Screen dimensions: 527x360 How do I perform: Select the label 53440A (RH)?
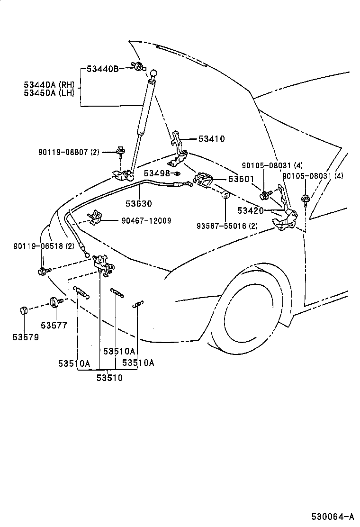[x=49, y=84]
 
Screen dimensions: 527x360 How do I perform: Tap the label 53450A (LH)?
[x=49, y=92]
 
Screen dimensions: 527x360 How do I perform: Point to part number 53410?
[x=211, y=139]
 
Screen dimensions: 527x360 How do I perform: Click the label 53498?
[x=156, y=173]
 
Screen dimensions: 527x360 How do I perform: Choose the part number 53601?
[x=242, y=179]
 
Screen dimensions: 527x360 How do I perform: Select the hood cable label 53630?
[x=139, y=203]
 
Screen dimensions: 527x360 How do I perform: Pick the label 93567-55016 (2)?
[x=227, y=226]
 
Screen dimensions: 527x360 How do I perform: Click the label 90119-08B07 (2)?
[x=69, y=152]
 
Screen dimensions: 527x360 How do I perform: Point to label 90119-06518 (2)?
[x=44, y=246]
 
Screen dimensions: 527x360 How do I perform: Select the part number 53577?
[x=54, y=325]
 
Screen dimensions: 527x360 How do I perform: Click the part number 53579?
[x=26, y=337]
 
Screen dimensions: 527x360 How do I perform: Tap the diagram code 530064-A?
[x=333, y=516]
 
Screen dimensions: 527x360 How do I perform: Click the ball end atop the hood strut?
[x=154, y=73]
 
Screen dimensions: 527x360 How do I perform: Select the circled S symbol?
[x=226, y=195]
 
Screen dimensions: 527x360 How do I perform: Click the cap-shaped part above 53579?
[x=23, y=311]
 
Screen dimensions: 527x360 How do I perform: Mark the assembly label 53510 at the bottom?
[x=110, y=378]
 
